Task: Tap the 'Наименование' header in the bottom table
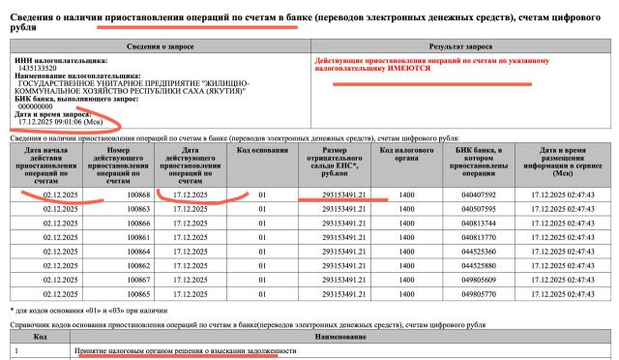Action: pos(339,339)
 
